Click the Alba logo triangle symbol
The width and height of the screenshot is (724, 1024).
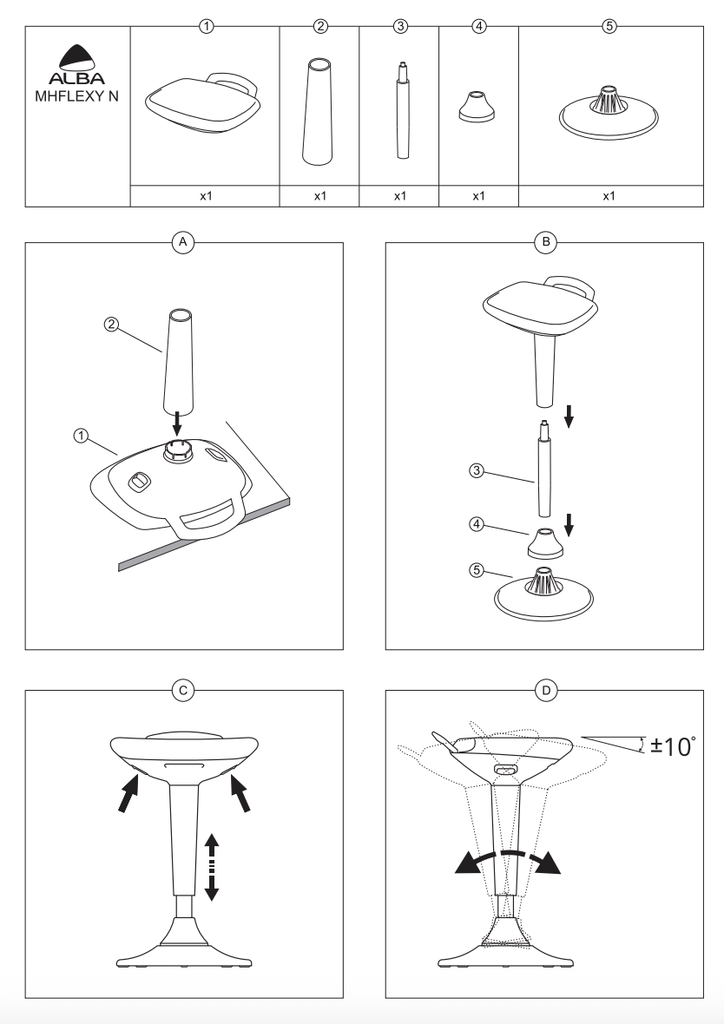pos(77,56)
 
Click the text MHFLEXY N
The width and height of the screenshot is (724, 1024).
pos(77,96)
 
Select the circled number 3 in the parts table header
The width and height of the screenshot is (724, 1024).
pos(400,26)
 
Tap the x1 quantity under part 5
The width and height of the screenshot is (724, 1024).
pos(609,196)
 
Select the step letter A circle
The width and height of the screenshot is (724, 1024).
pos(183,242)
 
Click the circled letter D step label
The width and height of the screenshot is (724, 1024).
pos(546,690)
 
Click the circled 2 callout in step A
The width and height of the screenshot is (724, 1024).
pos(112,324)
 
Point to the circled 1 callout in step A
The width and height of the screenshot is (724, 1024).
pos(81,436)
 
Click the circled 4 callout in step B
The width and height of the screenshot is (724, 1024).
pos(477,524)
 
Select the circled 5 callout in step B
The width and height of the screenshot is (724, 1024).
pos(477,570)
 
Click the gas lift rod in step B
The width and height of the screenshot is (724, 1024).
pos(543,470)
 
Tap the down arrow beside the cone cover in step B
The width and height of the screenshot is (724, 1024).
pos(569,524)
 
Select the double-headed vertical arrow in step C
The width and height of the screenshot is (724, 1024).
pos(211,867)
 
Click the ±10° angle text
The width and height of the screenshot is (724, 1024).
pos(673,745)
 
